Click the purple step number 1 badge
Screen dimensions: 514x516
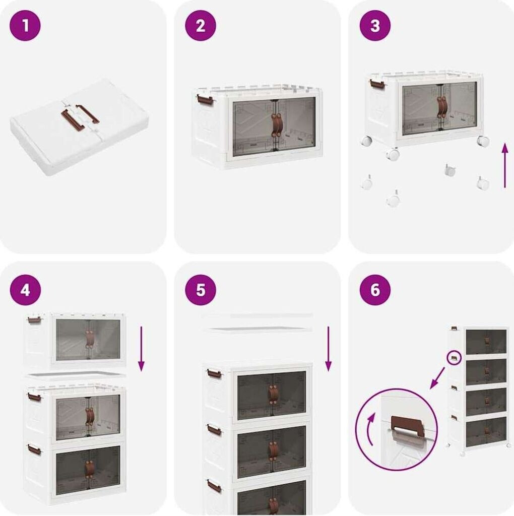click(25, 25)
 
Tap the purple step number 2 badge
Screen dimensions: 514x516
click(201, 25)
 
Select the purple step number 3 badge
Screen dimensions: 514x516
click(375, 25)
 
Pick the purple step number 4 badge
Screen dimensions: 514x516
click(25, 290)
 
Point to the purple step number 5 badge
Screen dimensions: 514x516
click(201, 290)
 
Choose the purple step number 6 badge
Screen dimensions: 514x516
click(375, 290)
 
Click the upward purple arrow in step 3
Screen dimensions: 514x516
click(505, 165)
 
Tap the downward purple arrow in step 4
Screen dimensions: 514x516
click(141, 349)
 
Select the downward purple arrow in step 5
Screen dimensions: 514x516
click(328, 349)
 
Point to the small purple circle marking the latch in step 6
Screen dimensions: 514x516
click(454, 358)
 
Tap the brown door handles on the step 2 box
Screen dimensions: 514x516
click(276, 125)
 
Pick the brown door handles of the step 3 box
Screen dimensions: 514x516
click(441, 107)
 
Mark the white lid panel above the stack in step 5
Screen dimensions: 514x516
click(258, 330)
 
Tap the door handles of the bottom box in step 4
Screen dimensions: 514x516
click(89, 469)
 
